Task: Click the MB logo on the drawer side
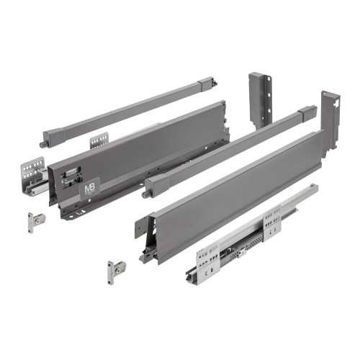click(89, 186)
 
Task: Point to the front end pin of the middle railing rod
click(146, 192)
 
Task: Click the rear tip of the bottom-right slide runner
click(315, 189)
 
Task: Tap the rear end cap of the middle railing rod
click(310, 113)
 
